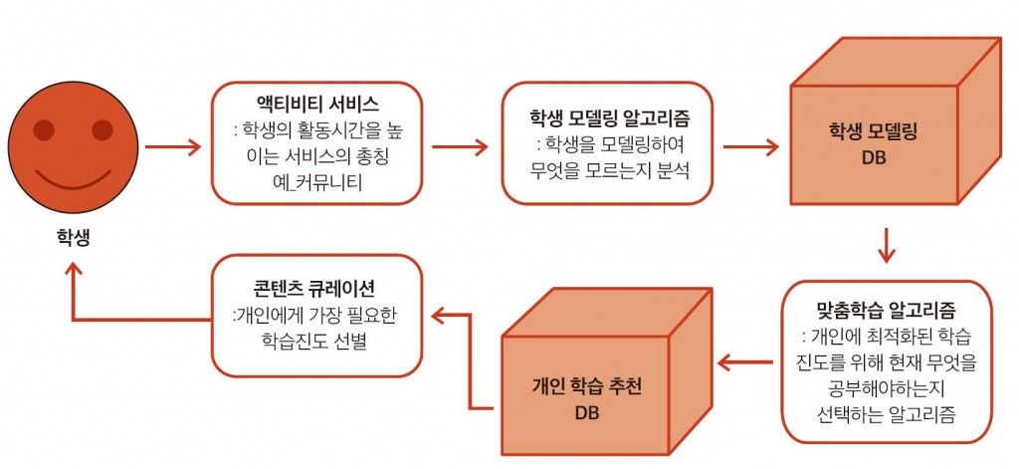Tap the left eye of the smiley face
[44, 130]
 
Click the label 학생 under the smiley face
[73, 237]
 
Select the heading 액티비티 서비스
[316, 105]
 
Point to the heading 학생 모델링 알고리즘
[609, 118]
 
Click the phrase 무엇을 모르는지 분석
[609, 171]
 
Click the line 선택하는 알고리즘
[887, 413]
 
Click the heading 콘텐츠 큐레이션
[317, 288]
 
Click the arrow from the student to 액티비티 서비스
[173, 147]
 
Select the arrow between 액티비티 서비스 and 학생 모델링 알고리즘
[460, 147]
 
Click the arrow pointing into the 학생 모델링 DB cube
[750, 147]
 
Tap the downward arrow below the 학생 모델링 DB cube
[887, 245]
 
